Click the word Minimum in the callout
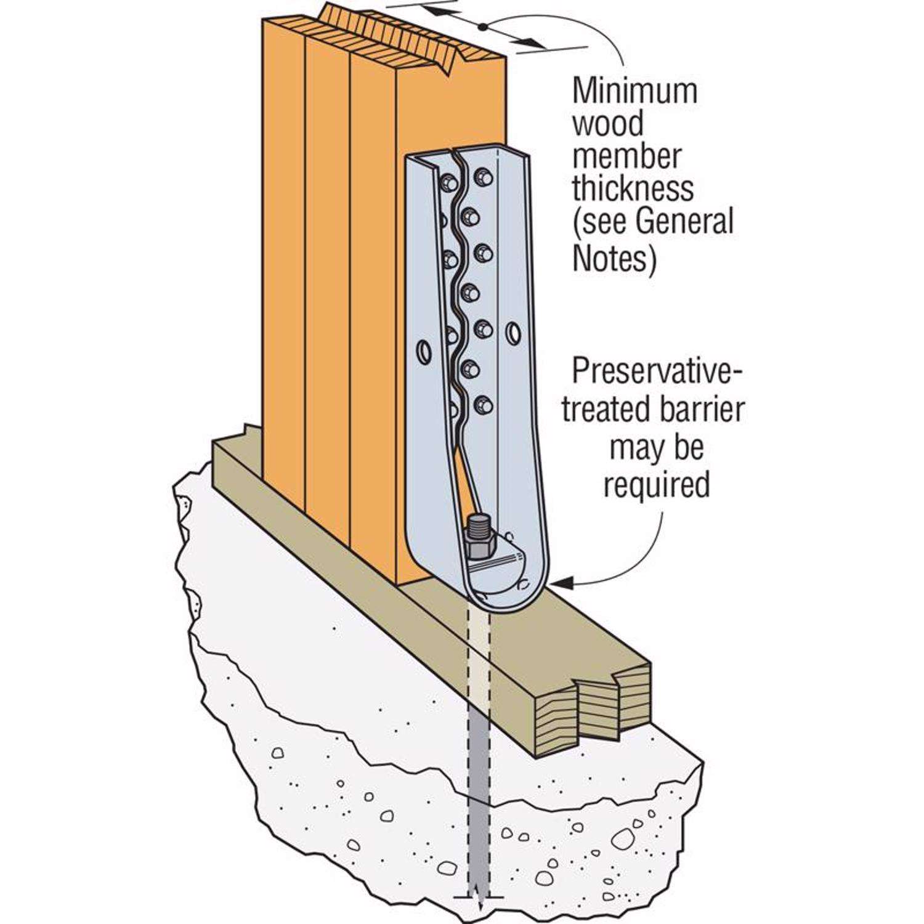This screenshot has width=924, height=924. (x=634, y=91)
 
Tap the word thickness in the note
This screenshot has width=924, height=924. (x=633, y=188)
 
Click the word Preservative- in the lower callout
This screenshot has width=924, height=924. (x=657, y=373)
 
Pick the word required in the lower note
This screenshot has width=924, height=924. (x=656, y=484)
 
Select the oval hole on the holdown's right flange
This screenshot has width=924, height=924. (x=512, y=333)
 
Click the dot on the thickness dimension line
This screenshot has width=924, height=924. (x=483, y=26)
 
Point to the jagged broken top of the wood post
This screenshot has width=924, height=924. (x=394, y=31)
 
